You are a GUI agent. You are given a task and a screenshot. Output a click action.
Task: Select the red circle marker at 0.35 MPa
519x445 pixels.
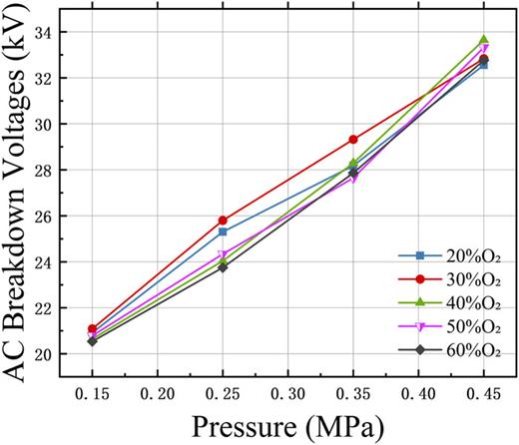(x=353, y=140)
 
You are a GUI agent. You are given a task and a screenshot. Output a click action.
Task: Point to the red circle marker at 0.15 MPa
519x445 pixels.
(x=93, y=328)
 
